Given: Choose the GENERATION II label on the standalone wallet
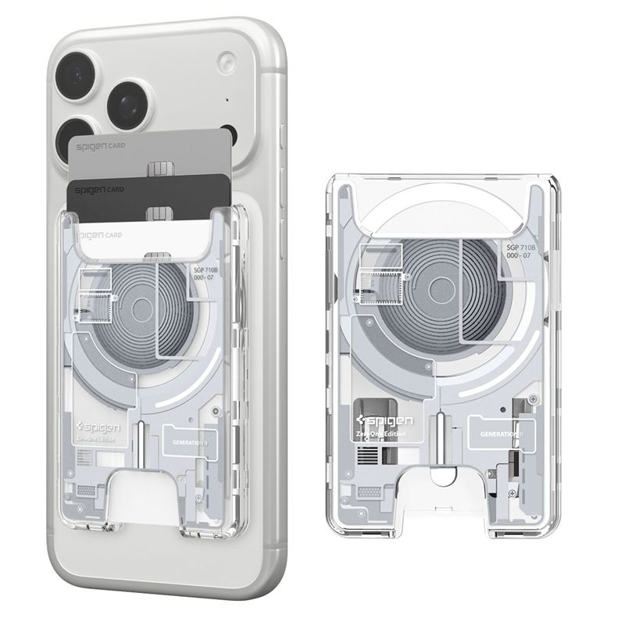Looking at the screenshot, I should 502,433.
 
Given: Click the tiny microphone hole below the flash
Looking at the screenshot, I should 227,100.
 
